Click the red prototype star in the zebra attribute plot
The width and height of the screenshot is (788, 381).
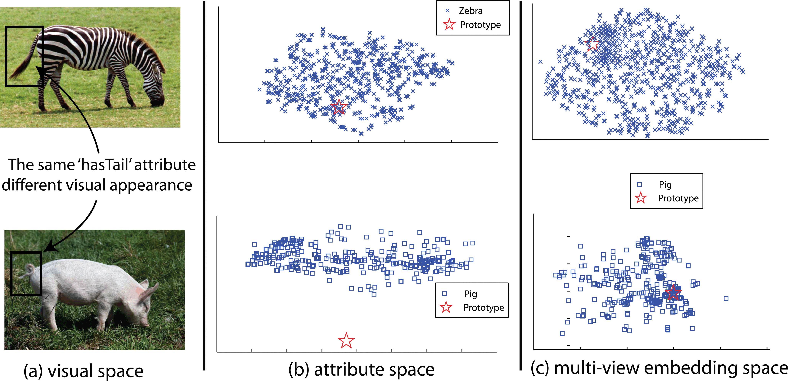tap(339, 107)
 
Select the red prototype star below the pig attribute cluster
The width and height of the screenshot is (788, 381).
tap(346, 341)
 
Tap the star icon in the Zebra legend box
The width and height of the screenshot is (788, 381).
tap(449, 25)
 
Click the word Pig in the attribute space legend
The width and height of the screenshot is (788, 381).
tap(471, 294)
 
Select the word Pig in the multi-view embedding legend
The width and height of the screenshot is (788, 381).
tap(665, 185)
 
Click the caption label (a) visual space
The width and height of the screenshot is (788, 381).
tap(83, 371)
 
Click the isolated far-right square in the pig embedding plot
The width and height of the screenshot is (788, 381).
tap(726, 298)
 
